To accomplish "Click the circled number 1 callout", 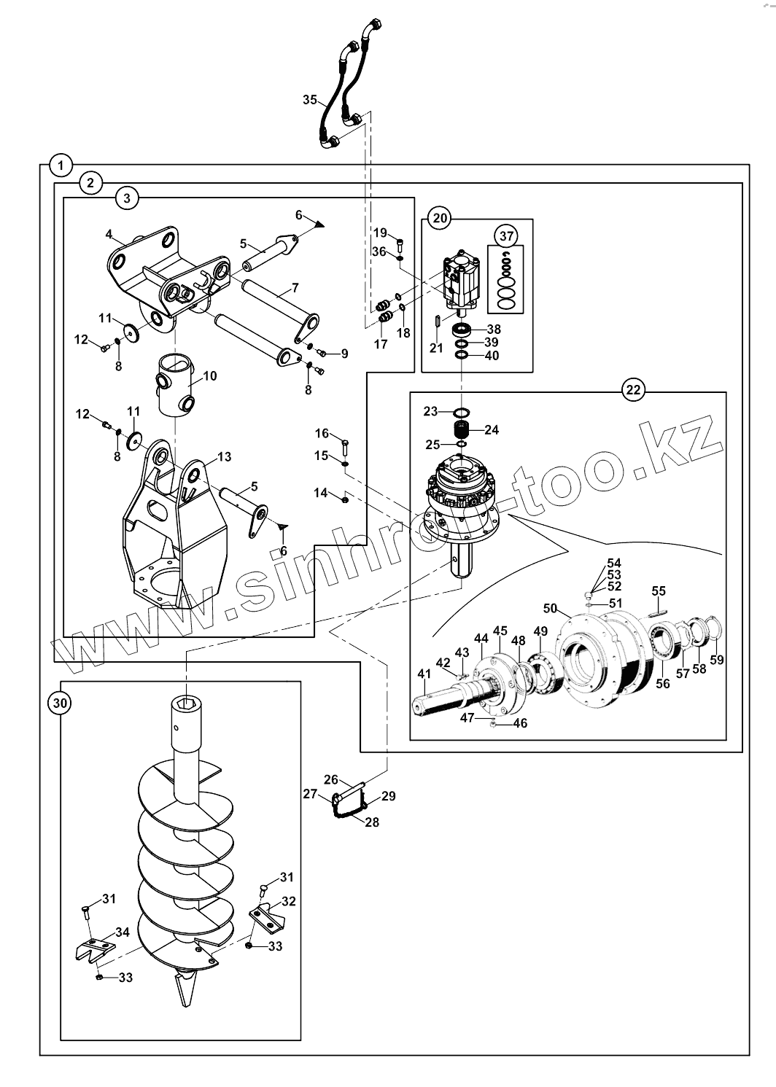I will coord(61,165).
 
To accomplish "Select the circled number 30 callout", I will coord(60,703).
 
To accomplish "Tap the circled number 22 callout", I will coord(632,390).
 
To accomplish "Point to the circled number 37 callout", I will coord(506,236).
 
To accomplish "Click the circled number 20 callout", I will coord(440,217).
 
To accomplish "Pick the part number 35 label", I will coord(310,99).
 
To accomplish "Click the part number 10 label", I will coord(210,376).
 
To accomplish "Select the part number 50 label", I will coord(550,608).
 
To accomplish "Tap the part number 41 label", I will coord(424,674).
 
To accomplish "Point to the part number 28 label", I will coord(372,822).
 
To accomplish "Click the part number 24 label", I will coord(492,429).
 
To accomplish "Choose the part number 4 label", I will coord(109,234).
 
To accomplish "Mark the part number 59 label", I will coord(717,661).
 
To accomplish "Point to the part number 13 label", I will coord(225,457).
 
